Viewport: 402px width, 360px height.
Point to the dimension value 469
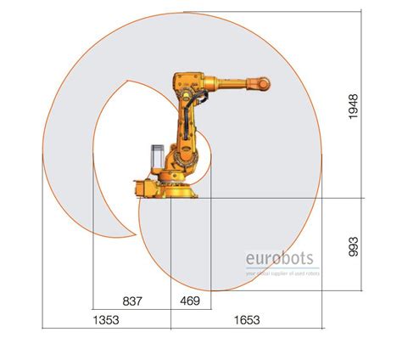190,301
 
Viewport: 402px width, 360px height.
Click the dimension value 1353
105,320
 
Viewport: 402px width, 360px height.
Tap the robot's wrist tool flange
266,83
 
